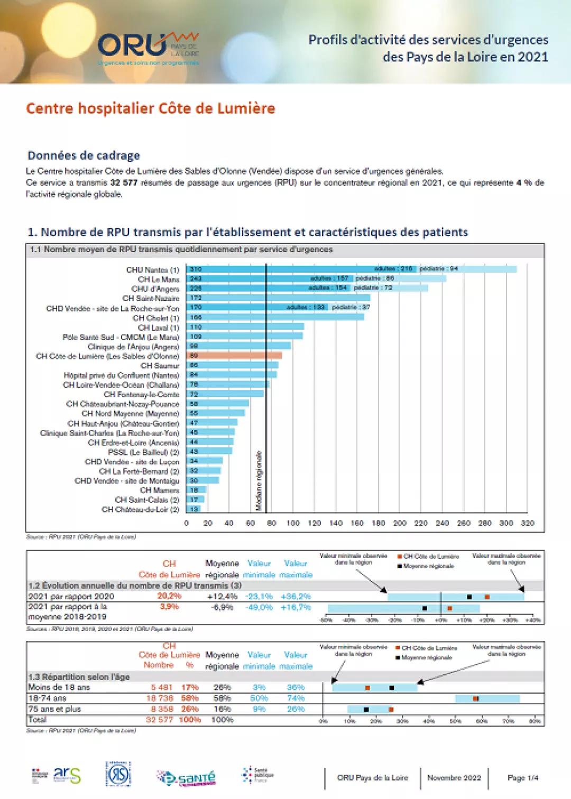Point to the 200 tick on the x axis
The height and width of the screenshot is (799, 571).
(x=399, y=523)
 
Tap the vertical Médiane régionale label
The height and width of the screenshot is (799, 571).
(x=259, y=480)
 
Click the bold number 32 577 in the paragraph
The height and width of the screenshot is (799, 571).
(x=124, y=183)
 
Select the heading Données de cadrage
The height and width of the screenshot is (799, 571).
(x=84, y=155)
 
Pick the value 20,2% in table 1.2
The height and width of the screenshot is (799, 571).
(x=169, y=596)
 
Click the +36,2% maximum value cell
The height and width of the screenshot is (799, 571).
(x=296, y=596)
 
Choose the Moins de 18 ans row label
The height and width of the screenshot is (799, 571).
(x=59, y=687)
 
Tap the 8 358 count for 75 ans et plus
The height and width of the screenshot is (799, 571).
(x=162, y=709)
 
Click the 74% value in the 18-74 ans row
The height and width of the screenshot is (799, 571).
(x=296, y=698)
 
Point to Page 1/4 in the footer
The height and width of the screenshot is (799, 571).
(x=522, y=778)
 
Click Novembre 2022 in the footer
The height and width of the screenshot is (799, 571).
(x=454, y=778)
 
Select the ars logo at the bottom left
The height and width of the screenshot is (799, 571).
(x=67, y=775)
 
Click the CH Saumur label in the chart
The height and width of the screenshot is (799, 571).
(x=160, y=366)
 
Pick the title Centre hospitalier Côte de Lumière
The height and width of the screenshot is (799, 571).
(x=151, y=108)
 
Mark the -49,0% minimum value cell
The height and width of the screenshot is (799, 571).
(x=259, y=607)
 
